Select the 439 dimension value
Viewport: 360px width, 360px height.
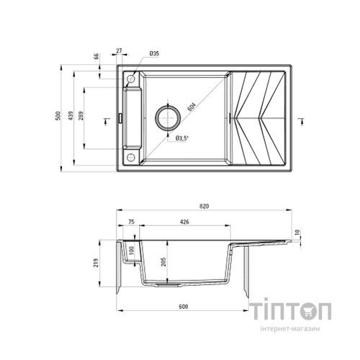point(71,118)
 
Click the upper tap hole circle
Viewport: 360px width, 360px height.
point(130,78)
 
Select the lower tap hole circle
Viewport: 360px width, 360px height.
point(130,156)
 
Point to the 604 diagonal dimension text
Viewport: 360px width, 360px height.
point(191,107)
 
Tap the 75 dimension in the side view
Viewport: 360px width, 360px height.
point(132,222)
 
